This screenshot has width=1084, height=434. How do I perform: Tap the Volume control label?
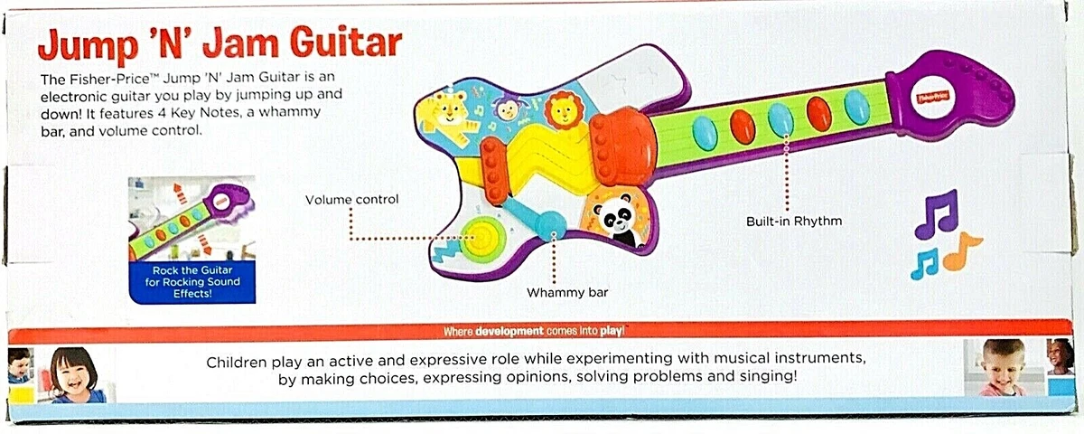pos(351,199)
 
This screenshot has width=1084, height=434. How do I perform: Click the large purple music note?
pos(935,213)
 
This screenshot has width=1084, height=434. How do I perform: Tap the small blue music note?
pos(924,263)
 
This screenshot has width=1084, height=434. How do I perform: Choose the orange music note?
pos(962,252)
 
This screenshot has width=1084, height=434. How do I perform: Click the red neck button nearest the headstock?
pos(818,113)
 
